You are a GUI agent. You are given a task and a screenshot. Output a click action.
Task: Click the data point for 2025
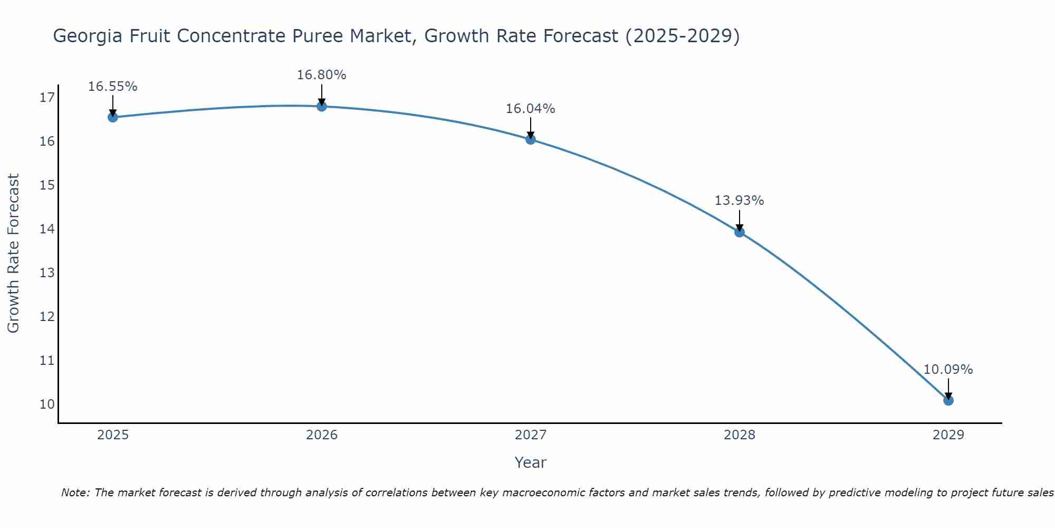pyautogui.click(x=113, y=117)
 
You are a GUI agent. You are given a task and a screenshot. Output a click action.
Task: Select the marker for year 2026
pyautogui.click(x=322, y=106)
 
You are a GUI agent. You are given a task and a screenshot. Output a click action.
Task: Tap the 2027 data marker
pyautogui.click(x=531, y=139)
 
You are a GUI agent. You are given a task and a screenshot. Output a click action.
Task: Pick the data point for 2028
pyautogui.click(x=740, y=232)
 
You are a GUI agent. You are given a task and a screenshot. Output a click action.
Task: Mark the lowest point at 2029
pyautogui.click(x=948, y=400)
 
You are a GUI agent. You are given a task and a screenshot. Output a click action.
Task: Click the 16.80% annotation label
pyautogui.click(x=321, y=75)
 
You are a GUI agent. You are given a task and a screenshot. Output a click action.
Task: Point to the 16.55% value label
pyautogui.click(x=112, y=87)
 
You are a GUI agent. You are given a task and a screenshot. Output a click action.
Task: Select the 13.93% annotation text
pyautogui.click(x=739, y=201)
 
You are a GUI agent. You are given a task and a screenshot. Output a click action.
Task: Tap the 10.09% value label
pyautogui.click(x=948, y=370)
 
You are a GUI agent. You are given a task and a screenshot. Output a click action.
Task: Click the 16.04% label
pyautogui.click(x=530, y=109)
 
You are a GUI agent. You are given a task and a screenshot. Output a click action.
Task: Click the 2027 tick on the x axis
pyautogui.click(x=531, y=435)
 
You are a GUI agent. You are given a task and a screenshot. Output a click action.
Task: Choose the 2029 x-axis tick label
pyautogui.click(x=948, y=435)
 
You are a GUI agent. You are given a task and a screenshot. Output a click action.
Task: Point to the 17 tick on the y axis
pyautogui.click(x=47, y=98)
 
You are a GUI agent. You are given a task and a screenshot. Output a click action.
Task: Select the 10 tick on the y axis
pyautogui.click(x=47, y=404)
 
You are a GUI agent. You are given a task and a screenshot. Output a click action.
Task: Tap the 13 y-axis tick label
pyautogui.click(x=47, y=273)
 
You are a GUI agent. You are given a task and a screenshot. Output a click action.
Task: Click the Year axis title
pyautogui.click(x=530, y=463)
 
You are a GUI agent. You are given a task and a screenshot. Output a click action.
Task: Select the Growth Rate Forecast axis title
pyautogui.click(x=14, y=253)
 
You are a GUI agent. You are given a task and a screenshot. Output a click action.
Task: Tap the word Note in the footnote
pyautogui.click(x=75, y=493)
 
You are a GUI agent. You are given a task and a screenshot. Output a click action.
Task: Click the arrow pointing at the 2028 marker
pyautogui.click(x=740, y=220)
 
